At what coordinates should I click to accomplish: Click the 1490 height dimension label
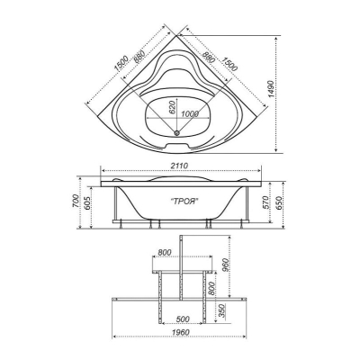click(272, 89)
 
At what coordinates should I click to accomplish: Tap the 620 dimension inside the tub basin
click(172, 107)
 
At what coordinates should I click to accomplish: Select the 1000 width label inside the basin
click(190, 114)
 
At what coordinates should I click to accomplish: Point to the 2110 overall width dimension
click(180, 166)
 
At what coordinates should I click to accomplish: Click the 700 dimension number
click(76, 201)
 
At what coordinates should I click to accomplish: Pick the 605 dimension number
click(86, 205)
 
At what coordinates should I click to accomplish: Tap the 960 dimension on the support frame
click(226, 264)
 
